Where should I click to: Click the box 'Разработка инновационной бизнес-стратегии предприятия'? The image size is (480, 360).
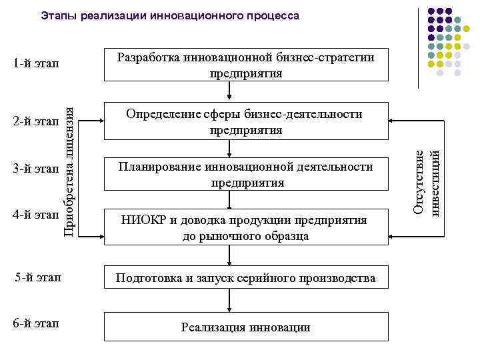246,65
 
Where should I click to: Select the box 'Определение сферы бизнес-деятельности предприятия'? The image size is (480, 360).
246,121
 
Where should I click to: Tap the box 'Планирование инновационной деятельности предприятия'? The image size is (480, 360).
246,174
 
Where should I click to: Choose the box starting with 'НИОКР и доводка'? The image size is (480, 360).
246,227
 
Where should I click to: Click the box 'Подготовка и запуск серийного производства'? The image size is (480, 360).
246,277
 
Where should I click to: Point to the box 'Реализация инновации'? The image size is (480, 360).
246,327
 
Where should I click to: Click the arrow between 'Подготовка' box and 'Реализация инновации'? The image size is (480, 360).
229,302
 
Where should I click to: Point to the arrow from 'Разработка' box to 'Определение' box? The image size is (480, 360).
229,91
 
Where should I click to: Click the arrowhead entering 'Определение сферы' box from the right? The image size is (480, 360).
393,121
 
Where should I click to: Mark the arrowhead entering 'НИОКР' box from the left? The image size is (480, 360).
99,236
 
